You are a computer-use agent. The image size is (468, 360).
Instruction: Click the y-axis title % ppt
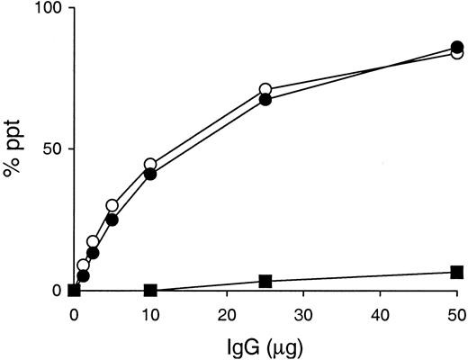(15, 148)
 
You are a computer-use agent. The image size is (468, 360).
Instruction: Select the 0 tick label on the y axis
(56, 291)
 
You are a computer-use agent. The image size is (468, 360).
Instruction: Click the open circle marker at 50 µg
(457, 53)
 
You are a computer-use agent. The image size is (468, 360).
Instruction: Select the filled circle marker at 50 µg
(457, 47)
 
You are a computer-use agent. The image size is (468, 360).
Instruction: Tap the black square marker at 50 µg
(457, 272)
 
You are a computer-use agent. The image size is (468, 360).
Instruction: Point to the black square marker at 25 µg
(265, 282)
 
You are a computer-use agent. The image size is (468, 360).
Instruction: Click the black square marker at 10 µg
(151, 291)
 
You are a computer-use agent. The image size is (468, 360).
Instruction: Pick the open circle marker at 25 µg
(265, 90)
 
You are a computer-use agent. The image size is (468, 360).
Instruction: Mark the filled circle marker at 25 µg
(265, 99)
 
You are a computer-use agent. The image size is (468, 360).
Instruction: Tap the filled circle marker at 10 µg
(150, 174)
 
